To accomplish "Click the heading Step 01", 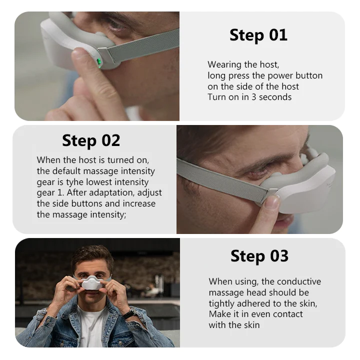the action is (258, 35).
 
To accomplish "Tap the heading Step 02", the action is (91, 140).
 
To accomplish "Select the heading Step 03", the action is (259, 256).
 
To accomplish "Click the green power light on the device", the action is (99, 62).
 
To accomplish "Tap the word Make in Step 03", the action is (218, 314).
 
